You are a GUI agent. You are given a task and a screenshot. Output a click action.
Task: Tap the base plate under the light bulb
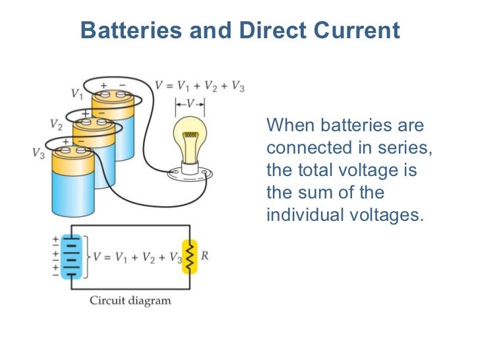(x=191, y=175)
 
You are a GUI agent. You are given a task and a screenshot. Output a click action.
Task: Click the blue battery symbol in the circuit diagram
(x=71, y=256)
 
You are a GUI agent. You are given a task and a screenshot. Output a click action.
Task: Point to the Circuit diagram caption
(x=131, y=301)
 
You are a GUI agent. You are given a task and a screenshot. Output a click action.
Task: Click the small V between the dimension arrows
(x=190, y=104)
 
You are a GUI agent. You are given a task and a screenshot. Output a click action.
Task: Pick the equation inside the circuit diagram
(x=136, y=256)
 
